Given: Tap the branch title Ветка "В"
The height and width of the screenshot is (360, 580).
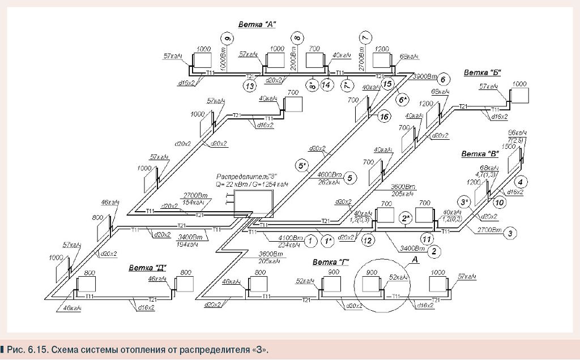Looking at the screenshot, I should click(480, 154).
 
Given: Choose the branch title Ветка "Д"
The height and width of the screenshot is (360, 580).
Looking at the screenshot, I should click(146, 268).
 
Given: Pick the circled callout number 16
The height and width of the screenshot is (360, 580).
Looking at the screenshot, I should click(385, 117).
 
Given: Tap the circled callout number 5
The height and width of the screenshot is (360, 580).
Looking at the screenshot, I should click(350, 178).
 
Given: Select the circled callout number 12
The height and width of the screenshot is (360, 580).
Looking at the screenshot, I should click(368, 240).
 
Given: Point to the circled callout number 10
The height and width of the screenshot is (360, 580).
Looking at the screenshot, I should click(499, 202).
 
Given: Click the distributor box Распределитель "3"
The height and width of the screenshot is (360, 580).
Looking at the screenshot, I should click(254, 202).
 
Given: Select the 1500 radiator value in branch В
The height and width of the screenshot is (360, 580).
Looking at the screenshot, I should click(509, 146).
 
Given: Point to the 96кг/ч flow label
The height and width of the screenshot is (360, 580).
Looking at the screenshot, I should click(517, 133).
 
